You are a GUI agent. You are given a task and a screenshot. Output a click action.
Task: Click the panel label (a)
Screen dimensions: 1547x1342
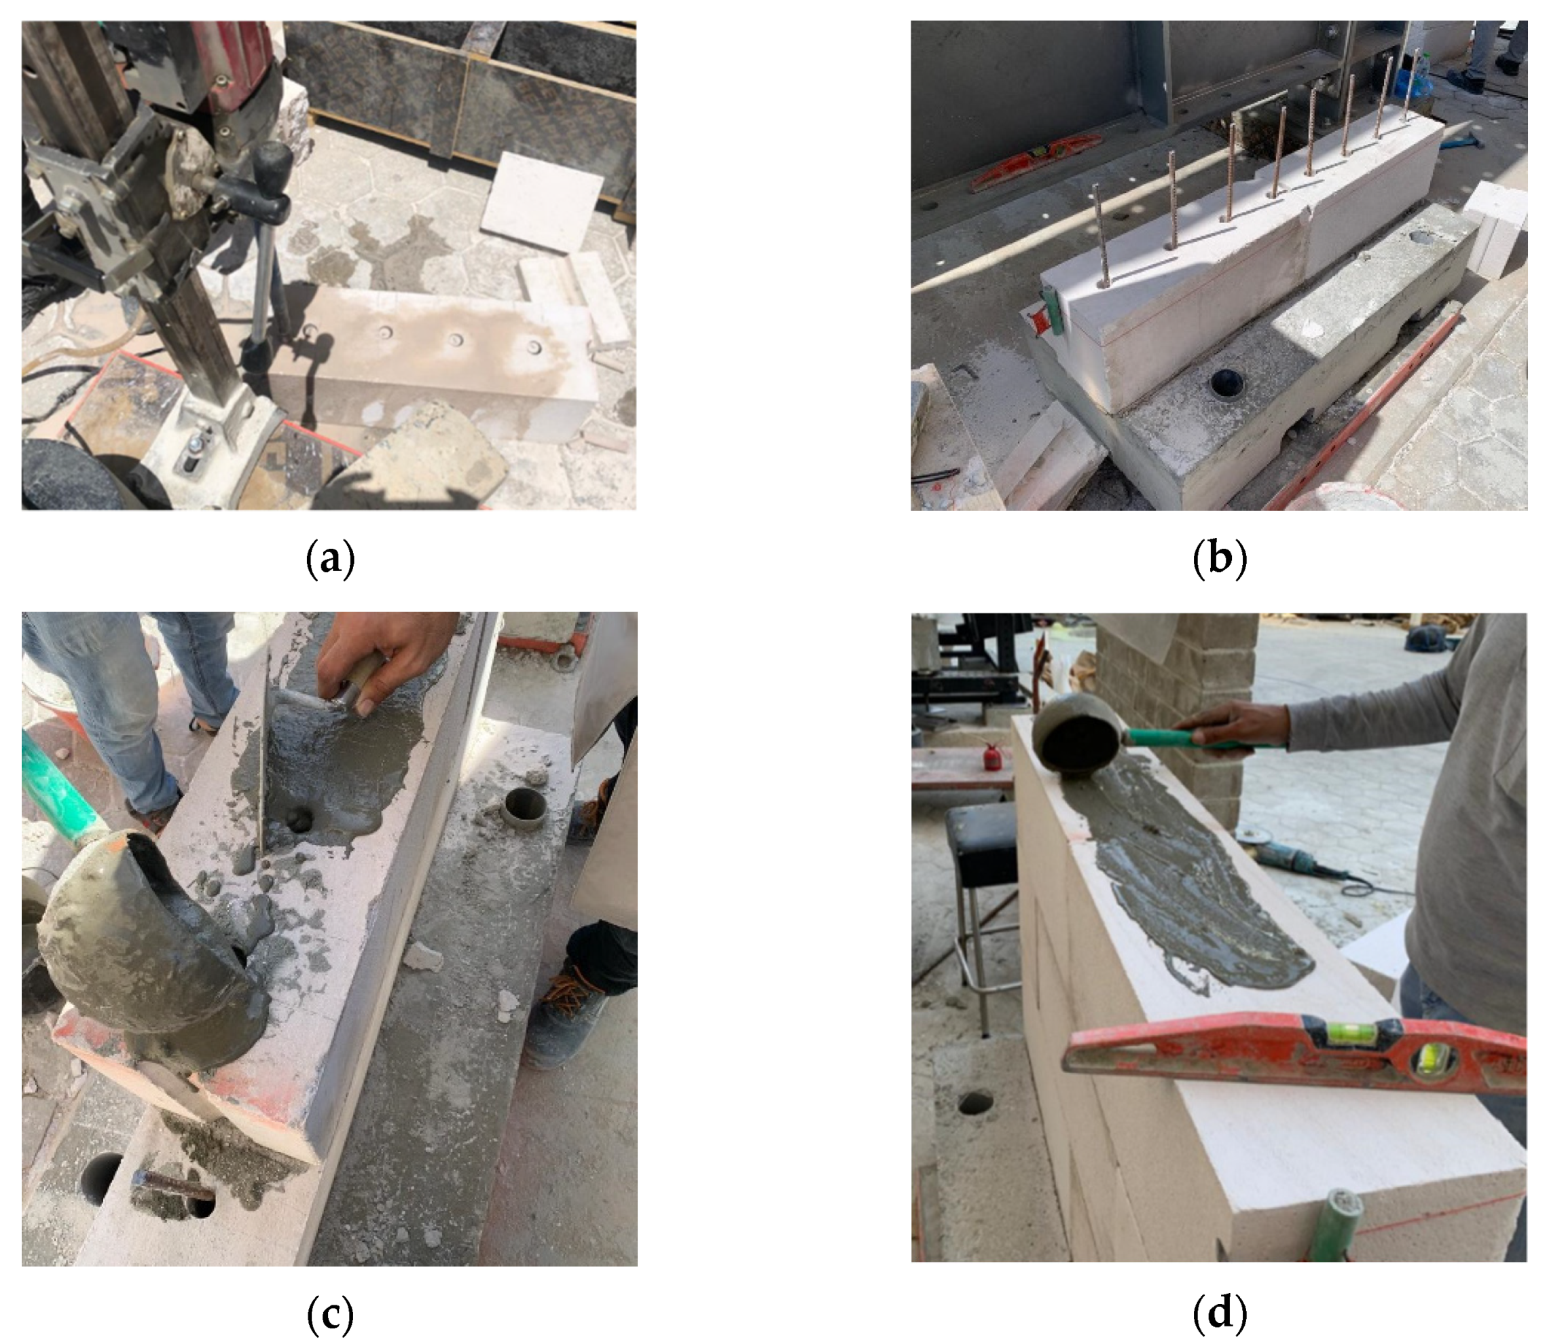(x=330, y=560)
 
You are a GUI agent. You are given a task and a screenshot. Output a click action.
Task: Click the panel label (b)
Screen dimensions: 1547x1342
(x=1219, y=560)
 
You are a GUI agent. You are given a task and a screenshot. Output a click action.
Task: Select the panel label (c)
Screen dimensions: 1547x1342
(x=330, y=1311)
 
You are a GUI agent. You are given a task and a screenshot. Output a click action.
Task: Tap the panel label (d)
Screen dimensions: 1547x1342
(x=1219, y=1311)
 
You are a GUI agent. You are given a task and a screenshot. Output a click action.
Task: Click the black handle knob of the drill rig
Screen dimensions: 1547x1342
(x=271, y=159)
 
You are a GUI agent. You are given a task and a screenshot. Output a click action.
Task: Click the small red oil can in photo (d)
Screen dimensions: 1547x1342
(x=992, y=756)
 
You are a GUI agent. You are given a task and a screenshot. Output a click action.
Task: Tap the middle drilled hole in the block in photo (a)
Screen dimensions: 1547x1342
(x=456, y=340)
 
